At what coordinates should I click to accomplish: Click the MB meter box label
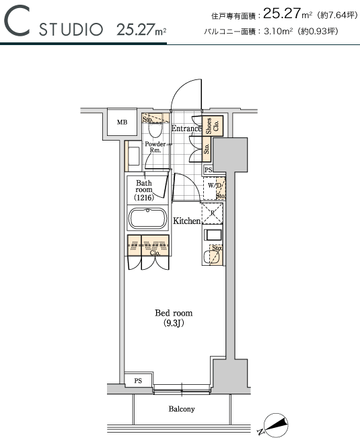coord(122,122)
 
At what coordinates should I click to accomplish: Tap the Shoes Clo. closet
coord(213,126)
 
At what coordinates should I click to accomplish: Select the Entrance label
coord(186,129)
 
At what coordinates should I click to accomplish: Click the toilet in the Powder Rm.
coord(155,130)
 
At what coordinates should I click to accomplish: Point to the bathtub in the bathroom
coord(147,218)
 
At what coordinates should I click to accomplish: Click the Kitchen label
coord(187,221)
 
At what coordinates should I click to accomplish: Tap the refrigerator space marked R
coord(213,213)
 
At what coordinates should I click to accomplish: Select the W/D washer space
coord(214,188)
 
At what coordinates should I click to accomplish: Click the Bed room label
coord(174,313)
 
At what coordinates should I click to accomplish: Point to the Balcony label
coord(182,409)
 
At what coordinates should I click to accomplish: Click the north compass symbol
coord(276,425)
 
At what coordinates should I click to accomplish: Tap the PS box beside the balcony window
coord(138,380)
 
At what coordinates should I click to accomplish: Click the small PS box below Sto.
coord(208,170)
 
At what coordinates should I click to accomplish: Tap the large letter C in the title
coord(17,21)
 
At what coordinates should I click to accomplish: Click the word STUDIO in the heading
coord(71,30)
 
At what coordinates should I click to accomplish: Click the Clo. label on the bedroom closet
coord(155,253)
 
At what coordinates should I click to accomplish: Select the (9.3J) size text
coord(174,324)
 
